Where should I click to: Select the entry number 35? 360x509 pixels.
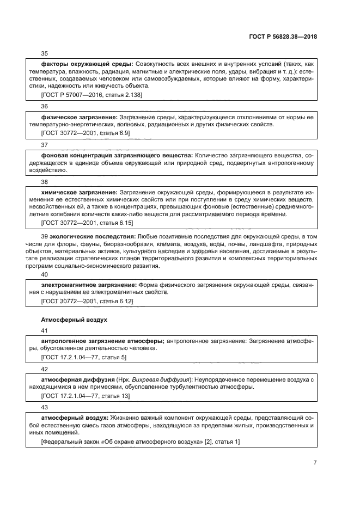click(45, 53)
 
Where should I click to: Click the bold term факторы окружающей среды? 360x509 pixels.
click(87, 64)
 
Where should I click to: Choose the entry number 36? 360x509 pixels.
click(45, 106)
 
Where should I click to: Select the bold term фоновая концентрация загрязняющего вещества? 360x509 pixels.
click(117, 155)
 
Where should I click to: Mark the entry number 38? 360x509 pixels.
click(45, 182)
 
